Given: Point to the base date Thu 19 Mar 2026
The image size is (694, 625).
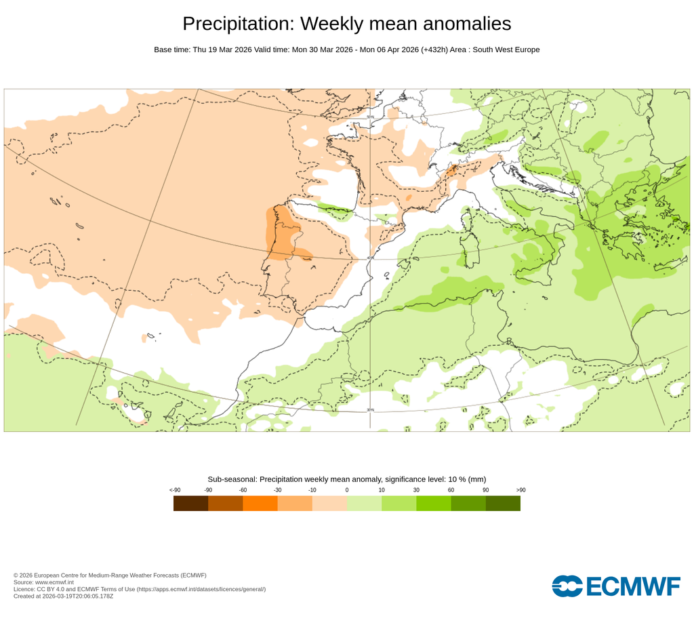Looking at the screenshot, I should click(222, 49).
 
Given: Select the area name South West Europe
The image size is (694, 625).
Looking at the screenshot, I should click(506, 49).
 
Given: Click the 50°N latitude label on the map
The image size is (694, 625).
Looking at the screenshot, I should click(370, 117).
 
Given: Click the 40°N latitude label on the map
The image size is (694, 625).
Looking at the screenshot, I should click(370, 258).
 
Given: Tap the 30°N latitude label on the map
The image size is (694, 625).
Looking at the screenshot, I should click(370, 410).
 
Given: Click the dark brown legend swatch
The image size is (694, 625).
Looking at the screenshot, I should click(190, 503).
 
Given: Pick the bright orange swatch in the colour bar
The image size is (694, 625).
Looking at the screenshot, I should click(260, 503).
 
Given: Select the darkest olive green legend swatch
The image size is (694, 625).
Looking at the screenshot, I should click(503, 503).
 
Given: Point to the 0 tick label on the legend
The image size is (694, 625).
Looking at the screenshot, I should click(346, 489).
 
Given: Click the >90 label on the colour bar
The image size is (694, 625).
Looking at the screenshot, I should click(520, 489).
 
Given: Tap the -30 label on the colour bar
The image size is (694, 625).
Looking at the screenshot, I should click(277, 489).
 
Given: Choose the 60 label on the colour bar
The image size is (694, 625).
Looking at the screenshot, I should click(451, 489).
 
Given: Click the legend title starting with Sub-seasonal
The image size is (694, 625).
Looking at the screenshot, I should click(346, 479).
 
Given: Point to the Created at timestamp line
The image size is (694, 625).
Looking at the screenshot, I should click(63, 597).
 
